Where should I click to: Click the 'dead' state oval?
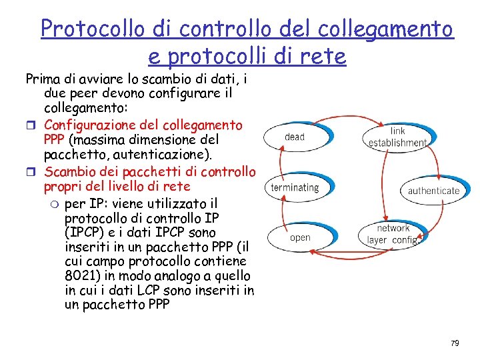[x=294, y=137]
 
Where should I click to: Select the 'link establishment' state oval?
[x=398, y=137]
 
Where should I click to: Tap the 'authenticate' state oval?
[x=433, y=191]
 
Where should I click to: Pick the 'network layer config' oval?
[x=393, y=234]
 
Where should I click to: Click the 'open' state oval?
[x=300, y=237]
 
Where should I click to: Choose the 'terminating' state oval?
[x=295, y=187]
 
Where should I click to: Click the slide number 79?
[x=455, y=343]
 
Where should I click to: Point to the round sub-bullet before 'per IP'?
[x=55, y=203]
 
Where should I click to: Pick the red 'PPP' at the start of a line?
[x=55, y=140]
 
